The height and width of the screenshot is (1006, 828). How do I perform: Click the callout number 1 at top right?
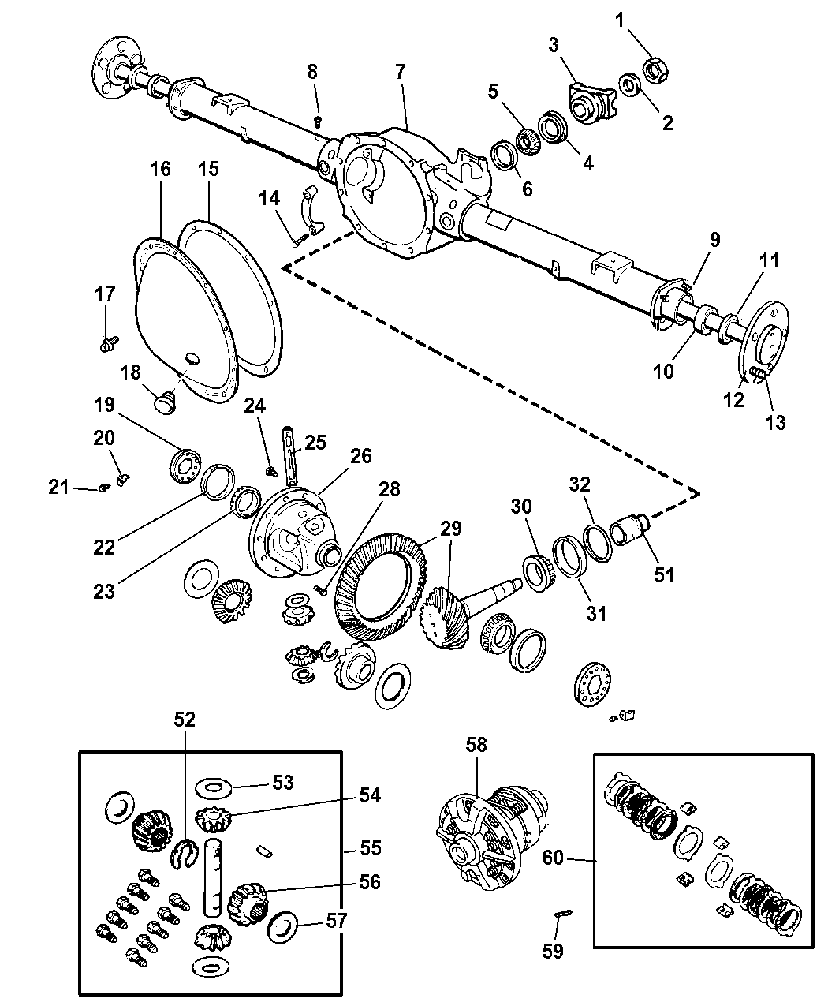click(x=619, y=20)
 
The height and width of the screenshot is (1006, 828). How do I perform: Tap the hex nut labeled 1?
click(x=656, y=69)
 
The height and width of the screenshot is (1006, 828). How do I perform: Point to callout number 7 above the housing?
click(x=400, y=72)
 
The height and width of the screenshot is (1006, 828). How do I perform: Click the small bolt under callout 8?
click(x=319, y=121)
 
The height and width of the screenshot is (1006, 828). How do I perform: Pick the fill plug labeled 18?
click(x=166, y=401)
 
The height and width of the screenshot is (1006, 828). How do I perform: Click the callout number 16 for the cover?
click(x=159, y=170)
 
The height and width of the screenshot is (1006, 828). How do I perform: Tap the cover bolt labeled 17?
click(x=110, y=342)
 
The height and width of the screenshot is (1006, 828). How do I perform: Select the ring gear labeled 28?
click(x=379, y=580)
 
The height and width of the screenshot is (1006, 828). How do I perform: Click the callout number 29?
click(x=452, y=529)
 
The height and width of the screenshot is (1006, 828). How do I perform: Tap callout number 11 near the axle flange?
click(x=770, y=261)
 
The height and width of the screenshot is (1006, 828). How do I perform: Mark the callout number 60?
click(x=553, y=857)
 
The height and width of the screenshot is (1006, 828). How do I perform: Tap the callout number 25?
click(x=315, y=443)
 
